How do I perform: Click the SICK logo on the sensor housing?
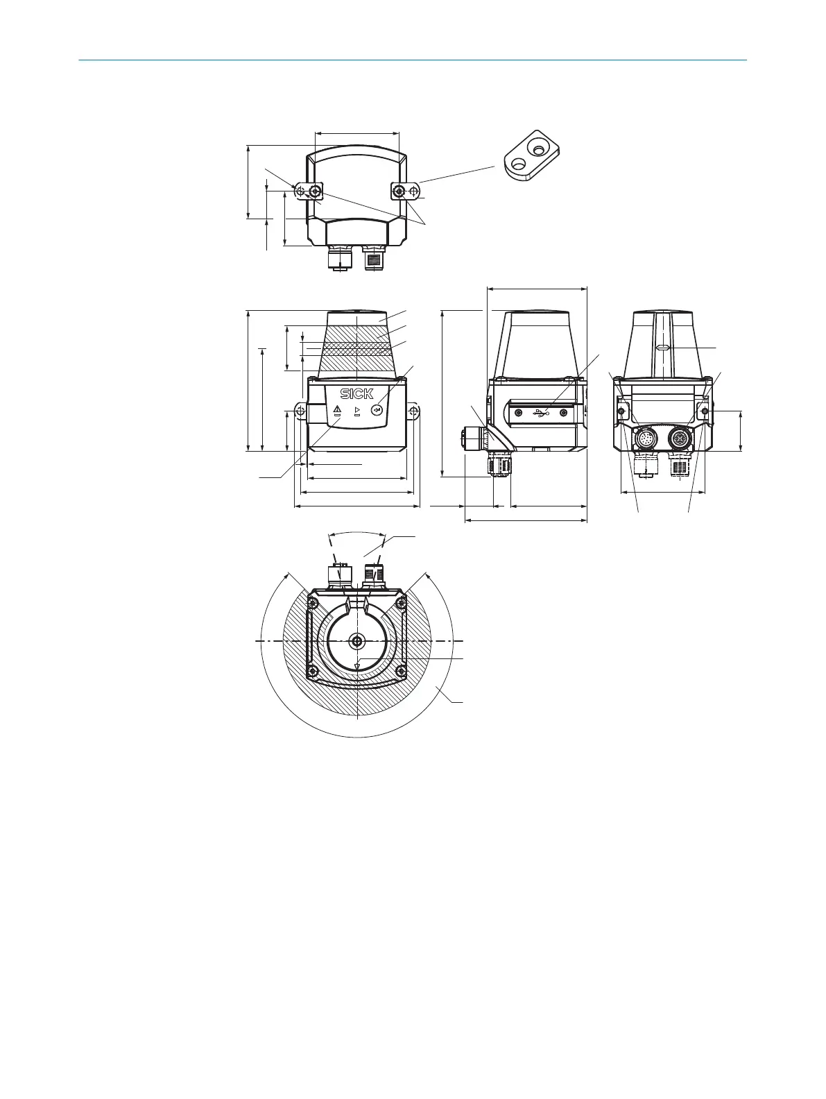pyautogui.click(x=356, y=393)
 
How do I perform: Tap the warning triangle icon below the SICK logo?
pyautogui.click(x=337, y=409)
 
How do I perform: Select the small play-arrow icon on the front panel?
pyautogui.click(x=356, y=409)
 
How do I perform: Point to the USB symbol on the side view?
pyautogui.click(x=541, y=412)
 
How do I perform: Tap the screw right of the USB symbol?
pyautogui.click(x=564, y=412)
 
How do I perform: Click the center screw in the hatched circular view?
pyautogui.click(x=357, y=641)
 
